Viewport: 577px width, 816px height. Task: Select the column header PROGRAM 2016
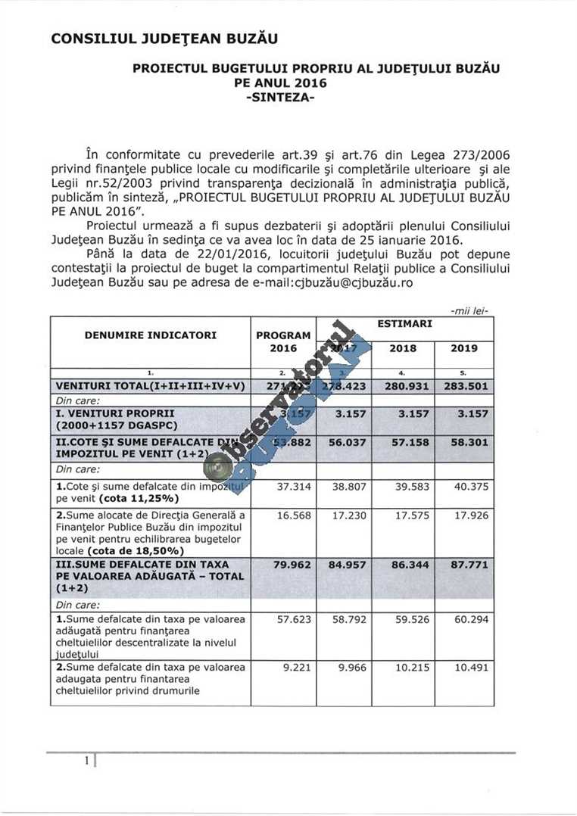coord(283,341)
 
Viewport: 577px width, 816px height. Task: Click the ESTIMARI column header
coord(404,323)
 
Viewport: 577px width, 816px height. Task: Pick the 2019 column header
coord(463,348)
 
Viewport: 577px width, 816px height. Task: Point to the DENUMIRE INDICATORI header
coord(151,335)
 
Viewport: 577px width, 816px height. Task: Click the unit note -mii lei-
coord(469,310)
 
